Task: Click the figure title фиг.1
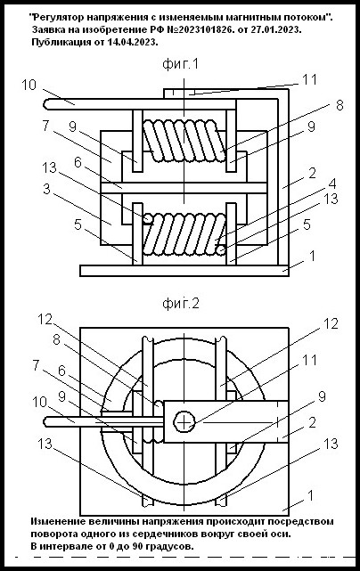pyautogui.click(x=181, y=64)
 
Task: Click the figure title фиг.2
pyautogui.click(x=181, y=304)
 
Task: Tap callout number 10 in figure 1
pyautogui.click(x=29, y=85)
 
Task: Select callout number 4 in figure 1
pyautogui.click(x=332, y=184)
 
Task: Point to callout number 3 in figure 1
pyautogui.click(x=46, y=190)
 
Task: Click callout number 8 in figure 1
pyautogui.click(x=340, y=105)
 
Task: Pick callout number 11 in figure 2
pyautogui.click(x=310, y=360)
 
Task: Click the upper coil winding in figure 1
pyautogui.click(x=184, y=141)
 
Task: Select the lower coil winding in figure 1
pyautogui.click(x=184, y=234)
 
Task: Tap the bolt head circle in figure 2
pyautogui.click(x=184, y=423)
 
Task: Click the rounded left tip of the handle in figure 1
pyautogui.click(x=46, y=104)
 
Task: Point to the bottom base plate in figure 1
pyautogui.click(x=184, y=271)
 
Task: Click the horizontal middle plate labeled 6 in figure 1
pyautogui.click(x=184, y=188)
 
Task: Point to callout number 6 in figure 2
pyautogui.click(x=62, y=371)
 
